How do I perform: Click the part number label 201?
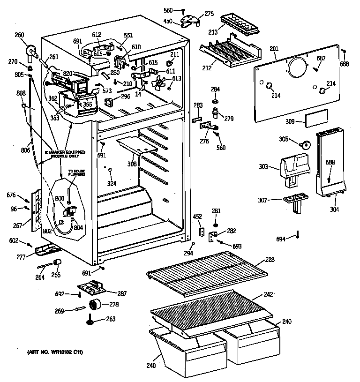(x=274, y=48)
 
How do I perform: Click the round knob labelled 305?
(x=305, y=144)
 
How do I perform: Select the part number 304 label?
(x=334, y=209)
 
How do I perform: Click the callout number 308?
(x=133, y=164)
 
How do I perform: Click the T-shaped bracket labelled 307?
(x=295, y=200)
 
